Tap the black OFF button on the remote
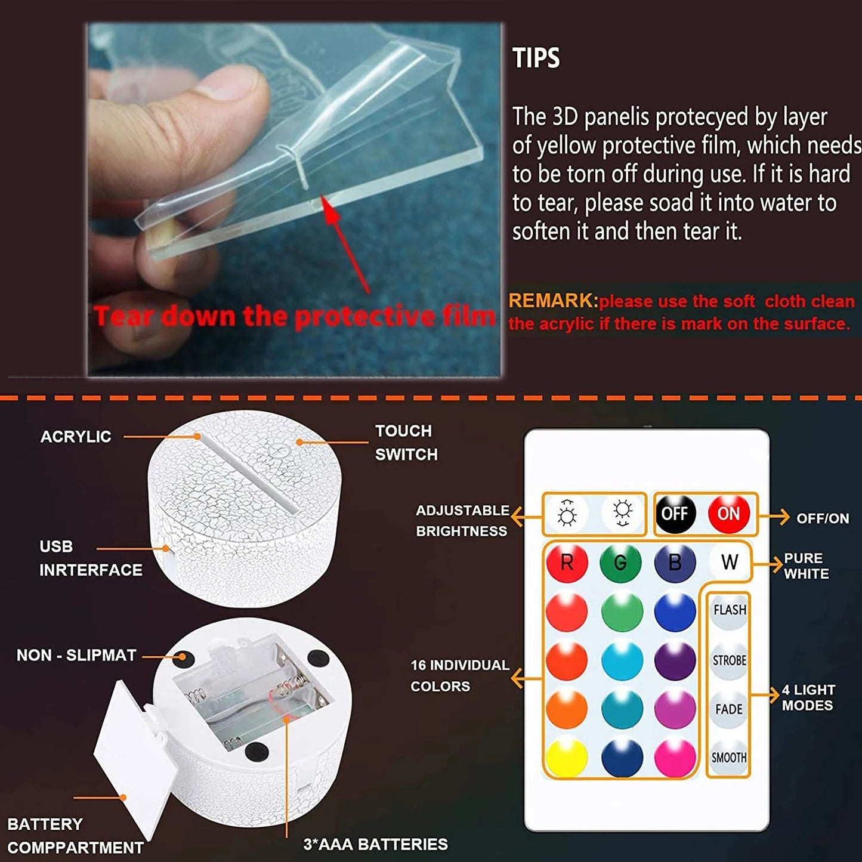[x=675, y=514]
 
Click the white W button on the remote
[x=729, y=562]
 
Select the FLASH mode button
[x=730, y=610]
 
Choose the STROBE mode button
[x=729, y=660]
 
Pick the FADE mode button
[x=729, y=709]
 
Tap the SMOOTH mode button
[x=729, y=758]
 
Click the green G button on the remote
[x=620, y=563]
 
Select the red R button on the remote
[x=567, y=563]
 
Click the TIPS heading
[x=536, y=58]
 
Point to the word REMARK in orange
[x=552, y=301]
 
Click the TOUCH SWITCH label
[x=406, y=443]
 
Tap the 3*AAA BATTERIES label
[x=375, y=844]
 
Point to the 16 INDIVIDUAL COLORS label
[x=459, y=675]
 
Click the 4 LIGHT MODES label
[x=808, y=697]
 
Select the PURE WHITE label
[x=806, y=566]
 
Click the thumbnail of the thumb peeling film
[x=293, y=200]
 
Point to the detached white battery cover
[x=135, y=758]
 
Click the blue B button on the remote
[x=675, y=563]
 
